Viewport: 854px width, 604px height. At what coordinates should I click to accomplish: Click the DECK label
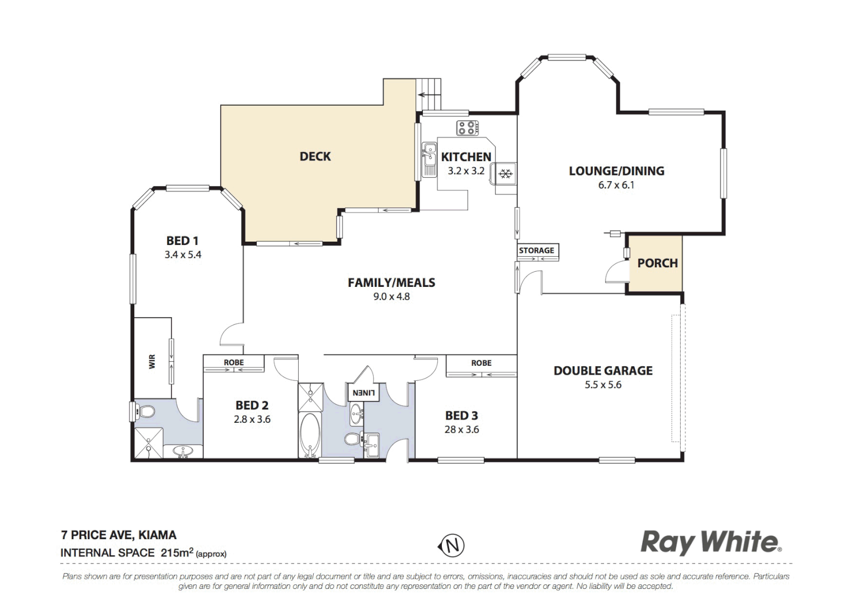click(x=315, y=157)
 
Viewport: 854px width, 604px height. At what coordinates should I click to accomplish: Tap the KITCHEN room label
click(x=466, y=157)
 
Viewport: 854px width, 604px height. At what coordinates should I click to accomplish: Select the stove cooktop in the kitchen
click(x=468, y=128)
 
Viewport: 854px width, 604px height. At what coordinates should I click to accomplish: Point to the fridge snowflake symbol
click(x=506, y=174)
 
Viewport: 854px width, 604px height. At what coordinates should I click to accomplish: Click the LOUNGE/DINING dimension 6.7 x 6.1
click(x=616, y=185)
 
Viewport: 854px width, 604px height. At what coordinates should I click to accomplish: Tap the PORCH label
click(x=657, y=263)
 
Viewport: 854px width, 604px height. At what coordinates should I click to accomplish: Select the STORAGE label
click(x=536, y=251)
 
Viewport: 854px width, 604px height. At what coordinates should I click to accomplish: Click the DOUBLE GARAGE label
click(x=603, y=371)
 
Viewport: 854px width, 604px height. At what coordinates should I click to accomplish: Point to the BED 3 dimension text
click(x=461, y=430)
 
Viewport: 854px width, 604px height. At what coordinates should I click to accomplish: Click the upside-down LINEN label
click(x=363, y=393)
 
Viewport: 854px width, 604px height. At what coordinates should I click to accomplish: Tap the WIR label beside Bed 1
click(x=152, y=361)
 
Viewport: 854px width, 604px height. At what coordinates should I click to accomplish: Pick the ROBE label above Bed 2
click(x=234, y=362)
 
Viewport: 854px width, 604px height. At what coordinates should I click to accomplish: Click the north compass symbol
click(x=451, y=545)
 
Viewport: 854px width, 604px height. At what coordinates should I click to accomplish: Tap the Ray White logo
click(x=711, y=542)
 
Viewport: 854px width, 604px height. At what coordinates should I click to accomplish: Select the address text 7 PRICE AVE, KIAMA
click(x=119, y=535)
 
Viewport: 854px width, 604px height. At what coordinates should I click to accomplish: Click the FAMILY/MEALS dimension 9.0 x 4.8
click(x=391, y=296)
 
